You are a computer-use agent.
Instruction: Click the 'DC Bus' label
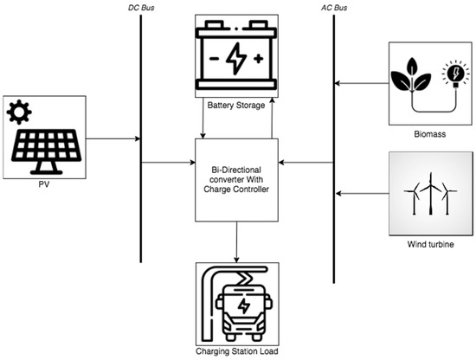[x=139, y=6]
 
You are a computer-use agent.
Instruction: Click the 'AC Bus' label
[x=333, y=6]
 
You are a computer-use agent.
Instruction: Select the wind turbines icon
[x=429, y=196]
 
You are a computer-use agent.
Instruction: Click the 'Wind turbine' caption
[x=429, y=245]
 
